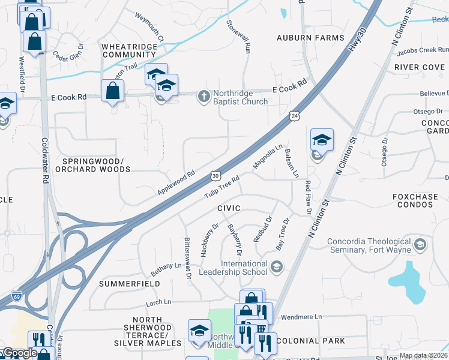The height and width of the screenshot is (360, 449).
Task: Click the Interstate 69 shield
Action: (16, 297)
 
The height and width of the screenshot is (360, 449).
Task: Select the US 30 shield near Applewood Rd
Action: (215, 175)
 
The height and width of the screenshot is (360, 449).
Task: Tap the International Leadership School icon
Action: (276, 266)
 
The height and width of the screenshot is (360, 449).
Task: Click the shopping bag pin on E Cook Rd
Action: (112, 91)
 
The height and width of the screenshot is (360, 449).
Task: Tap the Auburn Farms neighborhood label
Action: (310, 38)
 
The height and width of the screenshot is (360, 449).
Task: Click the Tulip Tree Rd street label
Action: (221, 187)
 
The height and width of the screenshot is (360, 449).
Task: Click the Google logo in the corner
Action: (19, 353)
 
